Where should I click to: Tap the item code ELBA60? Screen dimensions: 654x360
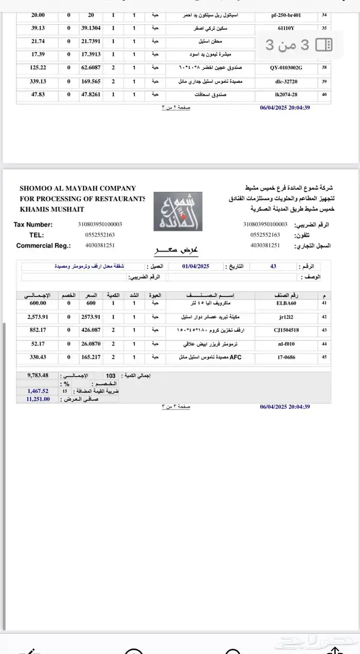point(286,303)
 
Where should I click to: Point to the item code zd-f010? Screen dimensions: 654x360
point(286,344)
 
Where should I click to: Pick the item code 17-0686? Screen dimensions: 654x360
point(286,357)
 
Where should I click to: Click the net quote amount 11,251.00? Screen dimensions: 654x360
point(39,399)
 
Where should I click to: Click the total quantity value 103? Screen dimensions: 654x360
point(111,376)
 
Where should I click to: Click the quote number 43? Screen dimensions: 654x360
point(273,267)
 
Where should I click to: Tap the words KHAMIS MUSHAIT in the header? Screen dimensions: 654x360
point(52,209)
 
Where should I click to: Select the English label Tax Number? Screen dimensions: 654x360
point(33,224)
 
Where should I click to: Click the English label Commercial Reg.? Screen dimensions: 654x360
point(43,245)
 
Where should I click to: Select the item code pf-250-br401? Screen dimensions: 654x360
point(286,15)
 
